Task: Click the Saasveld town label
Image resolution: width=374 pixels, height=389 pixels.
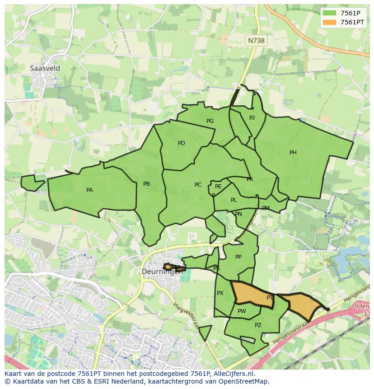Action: [x=45, y=68]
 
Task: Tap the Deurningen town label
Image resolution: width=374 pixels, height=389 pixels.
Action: [x=162, y=272]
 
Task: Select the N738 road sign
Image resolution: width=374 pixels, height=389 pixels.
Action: [x=256, y=40]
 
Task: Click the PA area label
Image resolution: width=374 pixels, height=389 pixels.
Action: [x=89, y=190]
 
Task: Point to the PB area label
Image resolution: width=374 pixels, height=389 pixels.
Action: [x=146, y=184]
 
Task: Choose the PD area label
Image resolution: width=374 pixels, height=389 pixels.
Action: [x=182, y=143]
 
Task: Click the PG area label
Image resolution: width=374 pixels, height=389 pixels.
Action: [x=210, y=121]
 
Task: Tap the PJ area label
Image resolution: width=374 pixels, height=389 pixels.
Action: [x=252, y=118]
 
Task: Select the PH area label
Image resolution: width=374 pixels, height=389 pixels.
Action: [x=293, y=153]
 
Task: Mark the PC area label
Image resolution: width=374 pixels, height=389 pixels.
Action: [x=198, y=185]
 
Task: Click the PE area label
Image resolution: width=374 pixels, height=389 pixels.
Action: [x=218, y=187]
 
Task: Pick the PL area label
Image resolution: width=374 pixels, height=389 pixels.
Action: [x=234, y=200]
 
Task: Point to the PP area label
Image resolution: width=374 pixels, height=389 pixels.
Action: [x=238, y=257]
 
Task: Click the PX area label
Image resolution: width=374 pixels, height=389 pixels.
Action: [x=220, y=293]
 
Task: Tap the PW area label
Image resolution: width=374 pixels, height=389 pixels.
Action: [x=242, y=311]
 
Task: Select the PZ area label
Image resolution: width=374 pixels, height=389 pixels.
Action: [x=258, y=325]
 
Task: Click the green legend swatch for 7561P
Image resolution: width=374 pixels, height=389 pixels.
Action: [x=330, y=13]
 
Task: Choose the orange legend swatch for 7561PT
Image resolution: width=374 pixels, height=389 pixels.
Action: [x=330, y=22]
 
